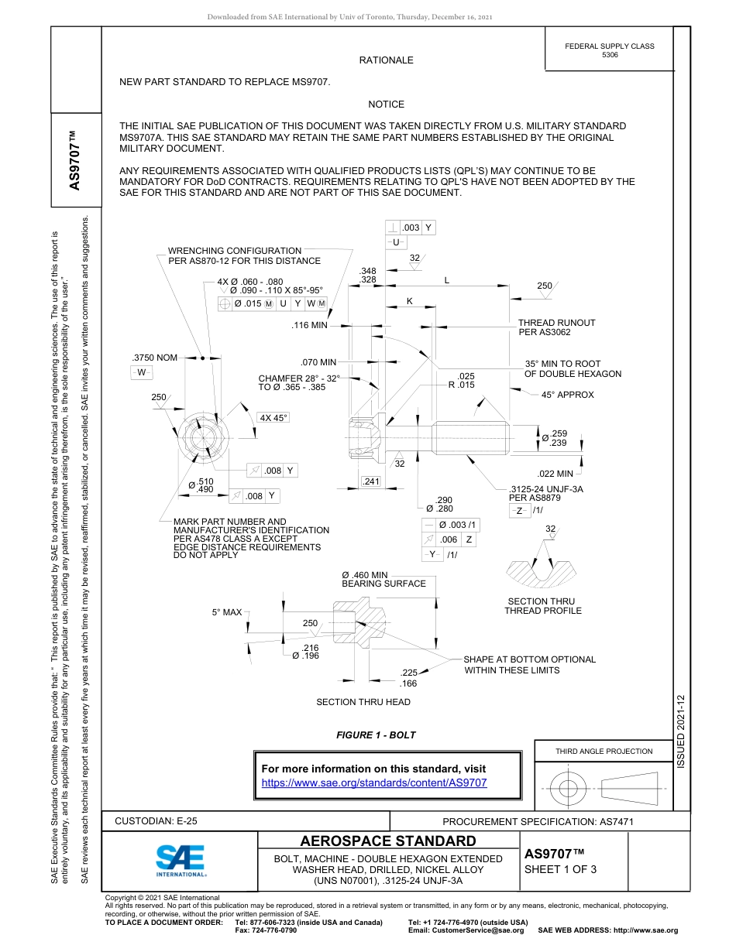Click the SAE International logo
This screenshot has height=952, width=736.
[x=181, y=859]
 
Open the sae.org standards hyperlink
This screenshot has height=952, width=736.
[x=374, y=782]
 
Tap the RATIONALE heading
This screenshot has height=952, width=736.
[x=386, y=60]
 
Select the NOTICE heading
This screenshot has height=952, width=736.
[x=386, y=104]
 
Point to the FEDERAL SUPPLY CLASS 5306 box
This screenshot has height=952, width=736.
[x=609, y=50]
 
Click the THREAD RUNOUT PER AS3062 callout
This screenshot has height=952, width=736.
[x=556, y=327]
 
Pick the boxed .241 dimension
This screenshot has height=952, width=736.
[x=372, y=482]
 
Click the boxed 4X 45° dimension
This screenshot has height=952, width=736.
[x=273, y=418]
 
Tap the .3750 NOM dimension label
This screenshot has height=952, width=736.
[x=155, y=358]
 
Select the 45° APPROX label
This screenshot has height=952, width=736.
[x=568, y=395]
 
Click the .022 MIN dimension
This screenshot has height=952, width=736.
[x=555, y=474]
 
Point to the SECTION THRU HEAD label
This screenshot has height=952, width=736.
[x=363, y=702]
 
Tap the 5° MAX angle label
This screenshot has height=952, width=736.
[x=227, y=612]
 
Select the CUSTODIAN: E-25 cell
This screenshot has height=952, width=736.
[x=161, y=821]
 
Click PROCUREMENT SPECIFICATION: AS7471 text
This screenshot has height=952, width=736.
[x=538, y=822]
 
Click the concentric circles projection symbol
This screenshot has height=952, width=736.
[x=569, y=789]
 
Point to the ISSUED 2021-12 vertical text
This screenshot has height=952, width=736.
[x=681, y=731]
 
